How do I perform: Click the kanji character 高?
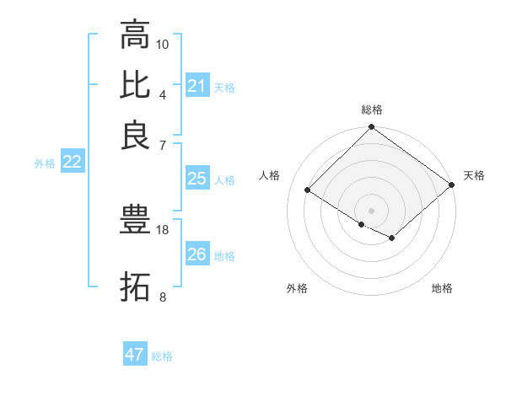pyautogui.click(x=135, y=35)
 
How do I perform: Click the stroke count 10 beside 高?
pyautogui.click(x=163, y=43)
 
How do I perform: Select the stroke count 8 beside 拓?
pyautogui.click(x=163, y=297)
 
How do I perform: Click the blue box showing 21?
pyautogui.click(x=196, y=86)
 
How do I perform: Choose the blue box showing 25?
pyautogui.click(x=196, y=179)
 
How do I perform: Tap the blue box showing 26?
pyautogui.click(x=196, y=254)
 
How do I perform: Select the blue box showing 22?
pyautogui.click(x=72, y=163)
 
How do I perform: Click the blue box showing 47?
pyautogui.click(x=135, y=355)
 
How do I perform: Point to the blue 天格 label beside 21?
pyautogui.click(x=224, y=87)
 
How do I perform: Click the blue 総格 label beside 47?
pyautogui.click(x=162, y=356)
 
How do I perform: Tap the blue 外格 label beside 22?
pyautogui.click(x=45, y=163)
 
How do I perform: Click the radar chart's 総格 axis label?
pyautogui.click(x=372, y=110)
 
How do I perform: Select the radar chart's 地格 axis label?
pyautogui.click(x=442, y=288)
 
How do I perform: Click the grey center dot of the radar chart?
pyautogui.click(x=371, y=210)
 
